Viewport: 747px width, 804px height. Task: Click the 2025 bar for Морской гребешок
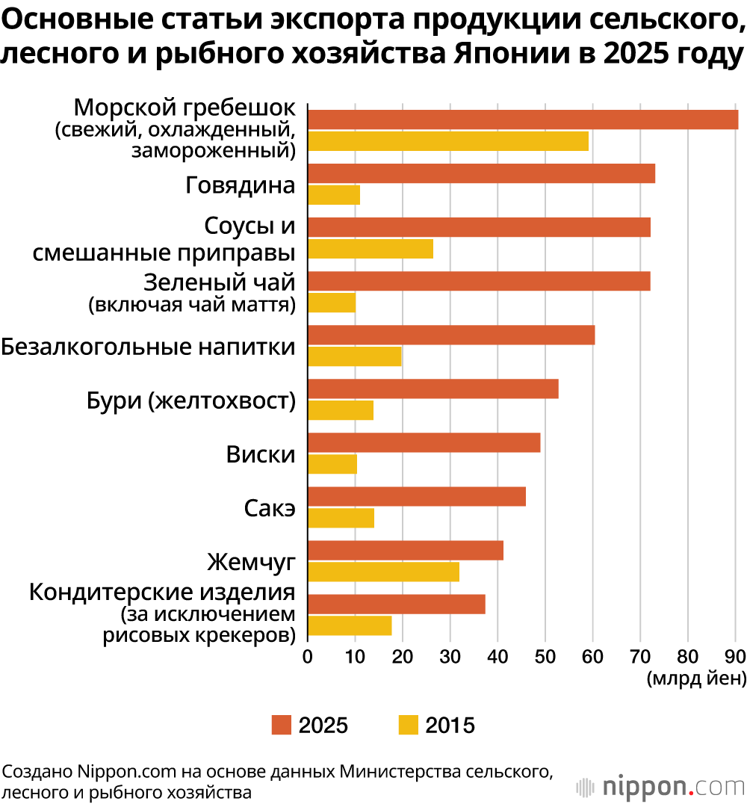[x=523, y=120]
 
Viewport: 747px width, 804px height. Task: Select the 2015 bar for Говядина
[x=334, y=195]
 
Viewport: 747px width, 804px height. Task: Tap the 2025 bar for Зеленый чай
[x=479, y=281]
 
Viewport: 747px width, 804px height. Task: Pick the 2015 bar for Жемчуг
[x=383, y=572]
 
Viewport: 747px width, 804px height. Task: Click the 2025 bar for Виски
[x=424, y=442]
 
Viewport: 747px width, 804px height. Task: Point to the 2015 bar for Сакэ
[x=341, y=518]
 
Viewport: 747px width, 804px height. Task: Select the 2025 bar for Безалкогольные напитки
[x=451, y=335]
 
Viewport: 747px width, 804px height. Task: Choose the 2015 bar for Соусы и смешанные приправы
[x=371, y=249]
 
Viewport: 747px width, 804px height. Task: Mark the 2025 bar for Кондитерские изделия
[x=397, y=604]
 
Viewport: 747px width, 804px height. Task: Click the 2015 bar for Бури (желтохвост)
[x=341, y=410]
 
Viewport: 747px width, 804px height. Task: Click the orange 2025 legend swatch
[x=281, y=725]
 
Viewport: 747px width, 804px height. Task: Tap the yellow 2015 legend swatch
[x=408, y=725]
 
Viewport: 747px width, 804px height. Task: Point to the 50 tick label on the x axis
[x=545, y=656]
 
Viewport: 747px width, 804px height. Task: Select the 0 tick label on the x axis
[x=308, y=656]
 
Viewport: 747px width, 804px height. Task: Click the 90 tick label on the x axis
[x=735, y=656]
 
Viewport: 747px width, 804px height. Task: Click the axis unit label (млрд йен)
[x=696, y=678]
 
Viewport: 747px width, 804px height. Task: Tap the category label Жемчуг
[x=251, y=562]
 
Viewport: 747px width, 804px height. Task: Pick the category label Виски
[x=261, y=454]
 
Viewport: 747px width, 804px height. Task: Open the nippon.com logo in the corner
[x=660, y=787]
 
